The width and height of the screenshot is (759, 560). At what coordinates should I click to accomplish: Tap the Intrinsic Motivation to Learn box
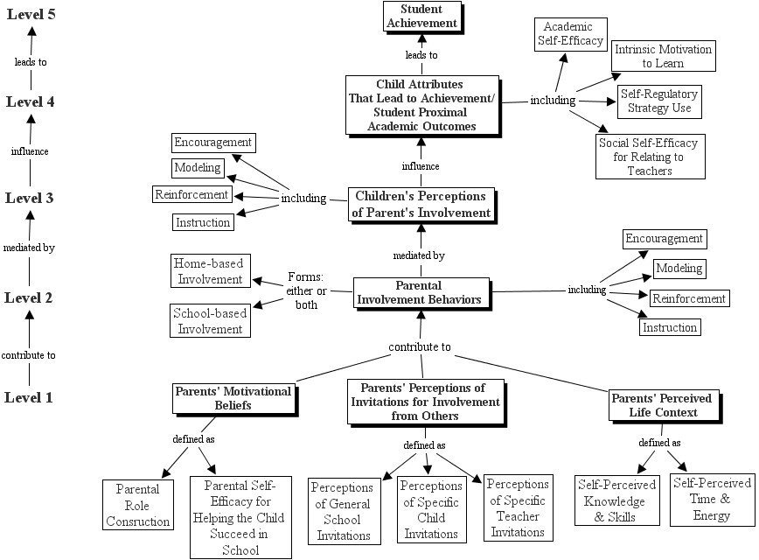(x=661, y=57)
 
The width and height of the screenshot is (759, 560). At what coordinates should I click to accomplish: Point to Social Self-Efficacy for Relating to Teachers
(x=650, y=156)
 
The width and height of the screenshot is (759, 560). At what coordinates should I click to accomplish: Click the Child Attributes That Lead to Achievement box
(x=421, y=105)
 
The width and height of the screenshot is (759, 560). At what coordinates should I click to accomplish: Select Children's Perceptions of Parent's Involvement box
(x=421, y=204)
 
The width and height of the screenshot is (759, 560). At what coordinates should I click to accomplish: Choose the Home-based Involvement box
(x=209, y=271)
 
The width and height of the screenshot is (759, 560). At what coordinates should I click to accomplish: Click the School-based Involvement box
(x=209, y=321)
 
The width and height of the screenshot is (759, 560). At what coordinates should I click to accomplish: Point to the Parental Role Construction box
(x=138, y=504)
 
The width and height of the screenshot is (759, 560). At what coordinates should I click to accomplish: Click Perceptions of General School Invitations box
(x=341, y=511)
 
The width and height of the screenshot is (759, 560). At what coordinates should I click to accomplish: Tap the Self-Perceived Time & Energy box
(x=710, y=498)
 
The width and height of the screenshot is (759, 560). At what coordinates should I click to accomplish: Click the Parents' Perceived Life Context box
(x=661, y=404)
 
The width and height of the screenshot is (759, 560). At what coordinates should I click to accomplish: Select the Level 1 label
(x=30, y=397)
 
